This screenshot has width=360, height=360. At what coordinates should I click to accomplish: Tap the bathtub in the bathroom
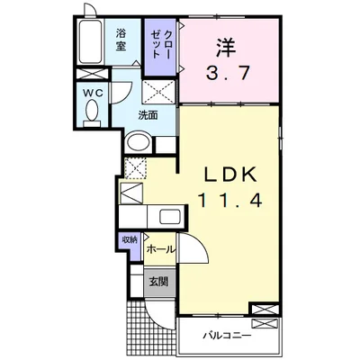91,41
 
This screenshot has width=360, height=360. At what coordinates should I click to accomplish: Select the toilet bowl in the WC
92,110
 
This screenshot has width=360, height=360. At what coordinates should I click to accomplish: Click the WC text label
93,93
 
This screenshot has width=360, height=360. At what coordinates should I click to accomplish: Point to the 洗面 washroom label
148,115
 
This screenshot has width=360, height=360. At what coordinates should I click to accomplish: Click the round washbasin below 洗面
138,144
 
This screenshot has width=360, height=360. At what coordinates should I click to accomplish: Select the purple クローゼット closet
160,48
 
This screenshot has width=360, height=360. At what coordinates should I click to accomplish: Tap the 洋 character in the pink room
225,47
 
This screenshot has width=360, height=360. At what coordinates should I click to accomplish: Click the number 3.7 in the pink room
229,73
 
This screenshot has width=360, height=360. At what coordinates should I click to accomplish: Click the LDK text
230,174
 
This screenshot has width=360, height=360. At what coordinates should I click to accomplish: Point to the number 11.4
229,200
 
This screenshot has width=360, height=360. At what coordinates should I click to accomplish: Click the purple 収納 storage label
130,240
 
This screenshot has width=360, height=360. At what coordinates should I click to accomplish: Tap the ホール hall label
161,249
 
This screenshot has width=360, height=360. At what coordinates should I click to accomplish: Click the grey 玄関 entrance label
159,282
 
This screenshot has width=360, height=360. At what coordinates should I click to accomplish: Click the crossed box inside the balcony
265,325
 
